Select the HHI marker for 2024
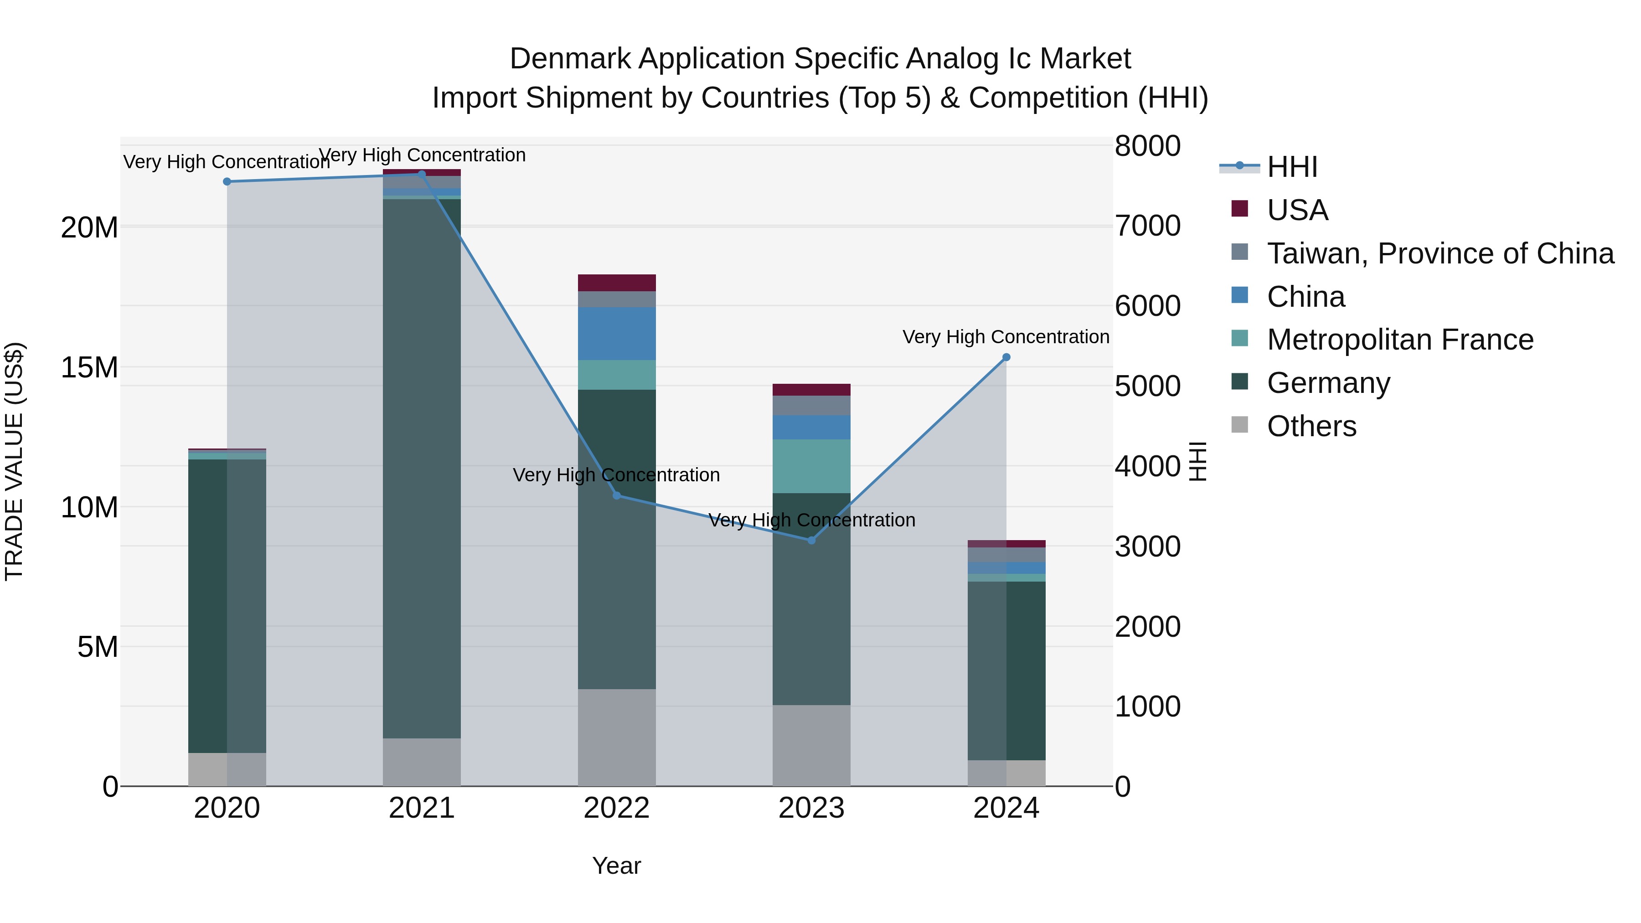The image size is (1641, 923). (x=1006, y=357)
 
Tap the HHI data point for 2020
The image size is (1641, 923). (x=227, y=181)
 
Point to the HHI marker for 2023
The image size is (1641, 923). (x=811, y=540)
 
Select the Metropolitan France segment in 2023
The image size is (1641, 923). (x=811, y=466)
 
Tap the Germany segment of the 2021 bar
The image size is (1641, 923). (x=421, y=468)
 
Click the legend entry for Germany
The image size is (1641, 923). (x=1328, y=383)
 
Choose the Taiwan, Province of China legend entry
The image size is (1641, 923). (x=1440, y=253)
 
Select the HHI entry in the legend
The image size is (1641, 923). (x=1292, y=167)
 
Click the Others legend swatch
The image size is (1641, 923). (x=1240, y=425)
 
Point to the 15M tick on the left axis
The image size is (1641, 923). (x=89, y=367)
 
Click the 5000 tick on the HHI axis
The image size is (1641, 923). (x=1147, y=386)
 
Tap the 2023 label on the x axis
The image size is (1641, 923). (x=811, y=808)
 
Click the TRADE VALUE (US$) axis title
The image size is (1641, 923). (x=14, y=461)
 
